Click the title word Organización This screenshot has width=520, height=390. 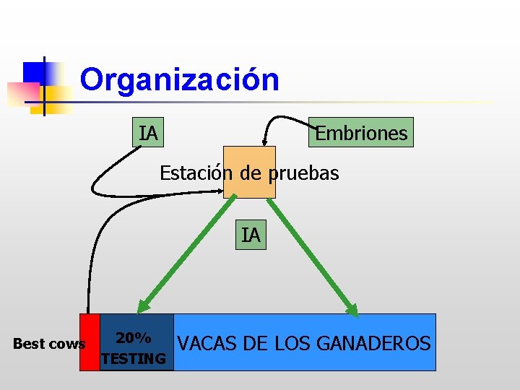pos(179,79)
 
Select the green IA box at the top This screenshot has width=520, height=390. pos(149,133)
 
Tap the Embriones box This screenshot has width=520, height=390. pos(361,133)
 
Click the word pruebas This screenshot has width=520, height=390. pos(303,173)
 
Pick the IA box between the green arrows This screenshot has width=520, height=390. pos(251,235)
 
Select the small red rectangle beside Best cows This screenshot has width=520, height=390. pos(90,342)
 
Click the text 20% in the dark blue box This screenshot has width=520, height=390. pos(134,337)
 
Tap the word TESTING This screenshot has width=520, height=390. pos(134,358)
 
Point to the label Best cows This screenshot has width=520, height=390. pos(48,344)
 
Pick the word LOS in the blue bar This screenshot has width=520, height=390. pos(286,343)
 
